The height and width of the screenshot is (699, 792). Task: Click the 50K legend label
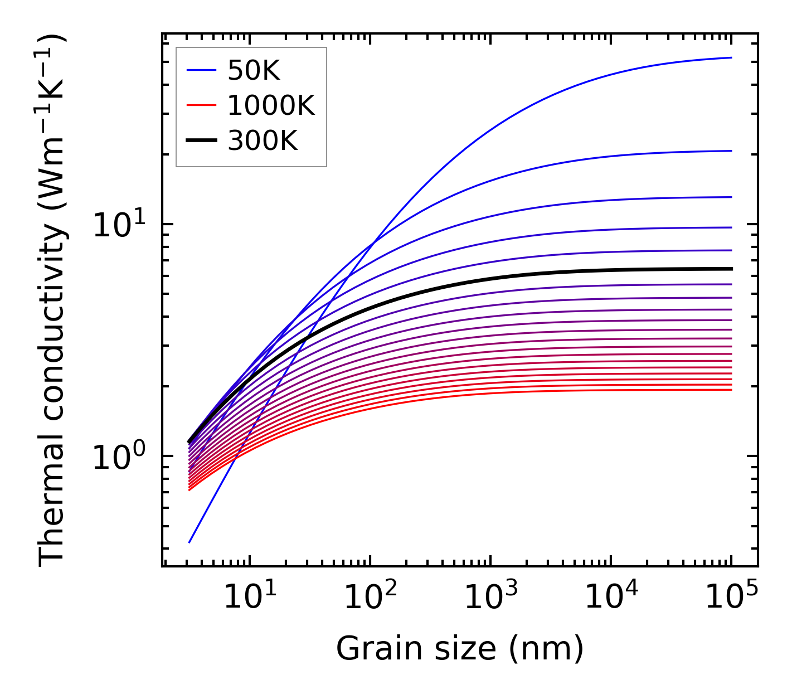click(254, 70)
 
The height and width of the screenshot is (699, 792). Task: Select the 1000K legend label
click(271, 105)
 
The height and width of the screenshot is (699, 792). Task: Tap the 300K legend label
click(263, 141)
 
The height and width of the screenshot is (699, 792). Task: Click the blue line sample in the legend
click(201, 70)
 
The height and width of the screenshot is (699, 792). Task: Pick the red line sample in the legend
click(201, 105)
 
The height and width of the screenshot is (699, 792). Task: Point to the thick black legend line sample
click(201, 141)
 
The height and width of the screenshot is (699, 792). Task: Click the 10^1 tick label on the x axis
click(249, 598)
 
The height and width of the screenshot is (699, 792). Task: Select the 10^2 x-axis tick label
click(370, 598)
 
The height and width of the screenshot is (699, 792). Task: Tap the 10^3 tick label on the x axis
click(490, 598)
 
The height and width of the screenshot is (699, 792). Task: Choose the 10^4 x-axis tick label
click(610, 598)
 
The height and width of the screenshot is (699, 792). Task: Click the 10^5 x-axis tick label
click(731, 598)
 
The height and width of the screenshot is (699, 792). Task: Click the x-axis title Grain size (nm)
click(460, 649)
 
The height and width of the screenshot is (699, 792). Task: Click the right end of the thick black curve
click(731, 269)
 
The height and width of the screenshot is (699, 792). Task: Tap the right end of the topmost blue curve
click(731, 57)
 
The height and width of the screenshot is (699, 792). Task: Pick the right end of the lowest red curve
click(731, 390)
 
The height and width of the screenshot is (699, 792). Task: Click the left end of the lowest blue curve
click(190, 542)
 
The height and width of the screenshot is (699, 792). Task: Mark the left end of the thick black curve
click(190, 442)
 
